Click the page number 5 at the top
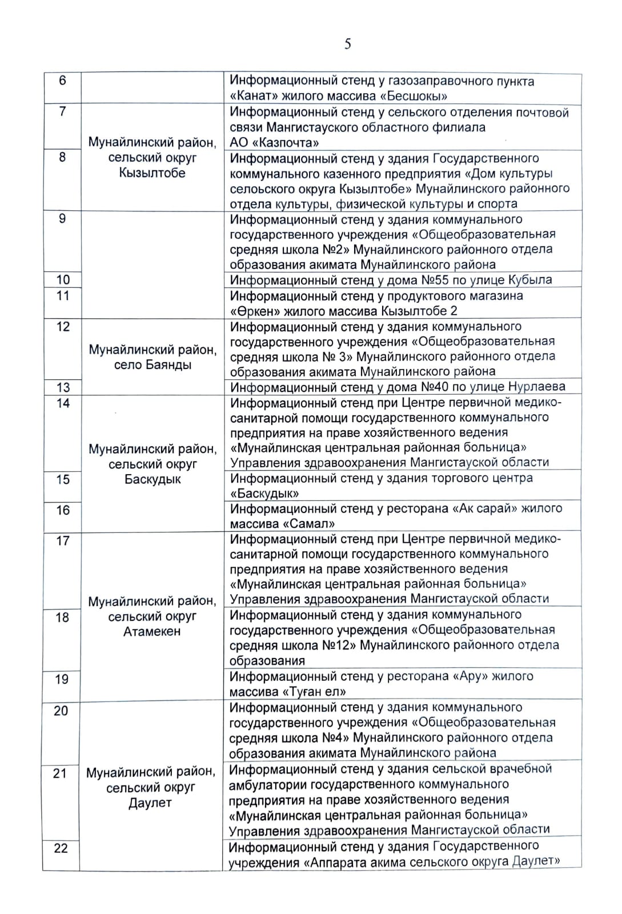click(x=347, y=44)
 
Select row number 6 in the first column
click(x=63, y=81)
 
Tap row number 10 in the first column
click(x=63, y=280)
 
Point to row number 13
click(x=63, y=387)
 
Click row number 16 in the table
click(x=63, y=510)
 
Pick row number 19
click(x=62, y=679)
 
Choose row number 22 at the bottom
click(x=61, y=848)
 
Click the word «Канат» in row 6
click(x=250, y=96)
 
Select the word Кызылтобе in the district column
click(x=152, y=173)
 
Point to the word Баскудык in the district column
click(x=152, y=479)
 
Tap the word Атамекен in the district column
click(x=151, y=631)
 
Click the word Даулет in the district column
click(x=150, y=803)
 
